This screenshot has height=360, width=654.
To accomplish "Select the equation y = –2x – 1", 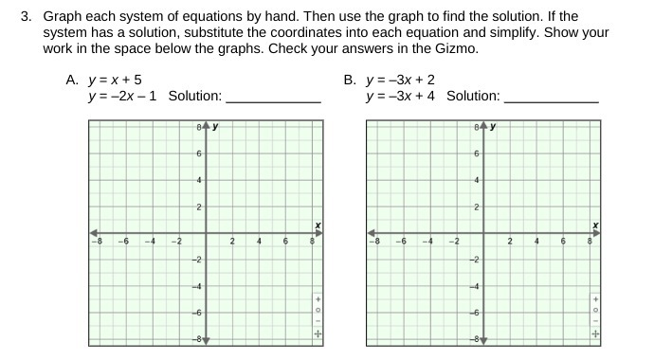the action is pyautogui.click(x=123, y=96).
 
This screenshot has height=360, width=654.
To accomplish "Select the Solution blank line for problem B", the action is pyautogui.click(x=552, y=98).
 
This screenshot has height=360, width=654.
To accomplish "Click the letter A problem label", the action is pyautogui.click(x=72, y=81).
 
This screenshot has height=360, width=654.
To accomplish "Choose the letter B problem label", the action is pyautogui.click(x=350, y=81).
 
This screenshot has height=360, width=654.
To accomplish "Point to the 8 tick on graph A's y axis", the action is pyautogui.click(x=198, y=127).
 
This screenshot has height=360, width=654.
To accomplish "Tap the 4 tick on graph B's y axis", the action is pyautogui.click(x=476, y=180).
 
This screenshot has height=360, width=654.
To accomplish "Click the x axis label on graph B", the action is pyautogui.click(x=595, y=225).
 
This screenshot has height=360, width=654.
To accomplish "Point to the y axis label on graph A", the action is pyautogui.click(x=216, y=126).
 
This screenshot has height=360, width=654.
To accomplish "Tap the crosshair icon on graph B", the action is pyautogui.click(x=596, y=333).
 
